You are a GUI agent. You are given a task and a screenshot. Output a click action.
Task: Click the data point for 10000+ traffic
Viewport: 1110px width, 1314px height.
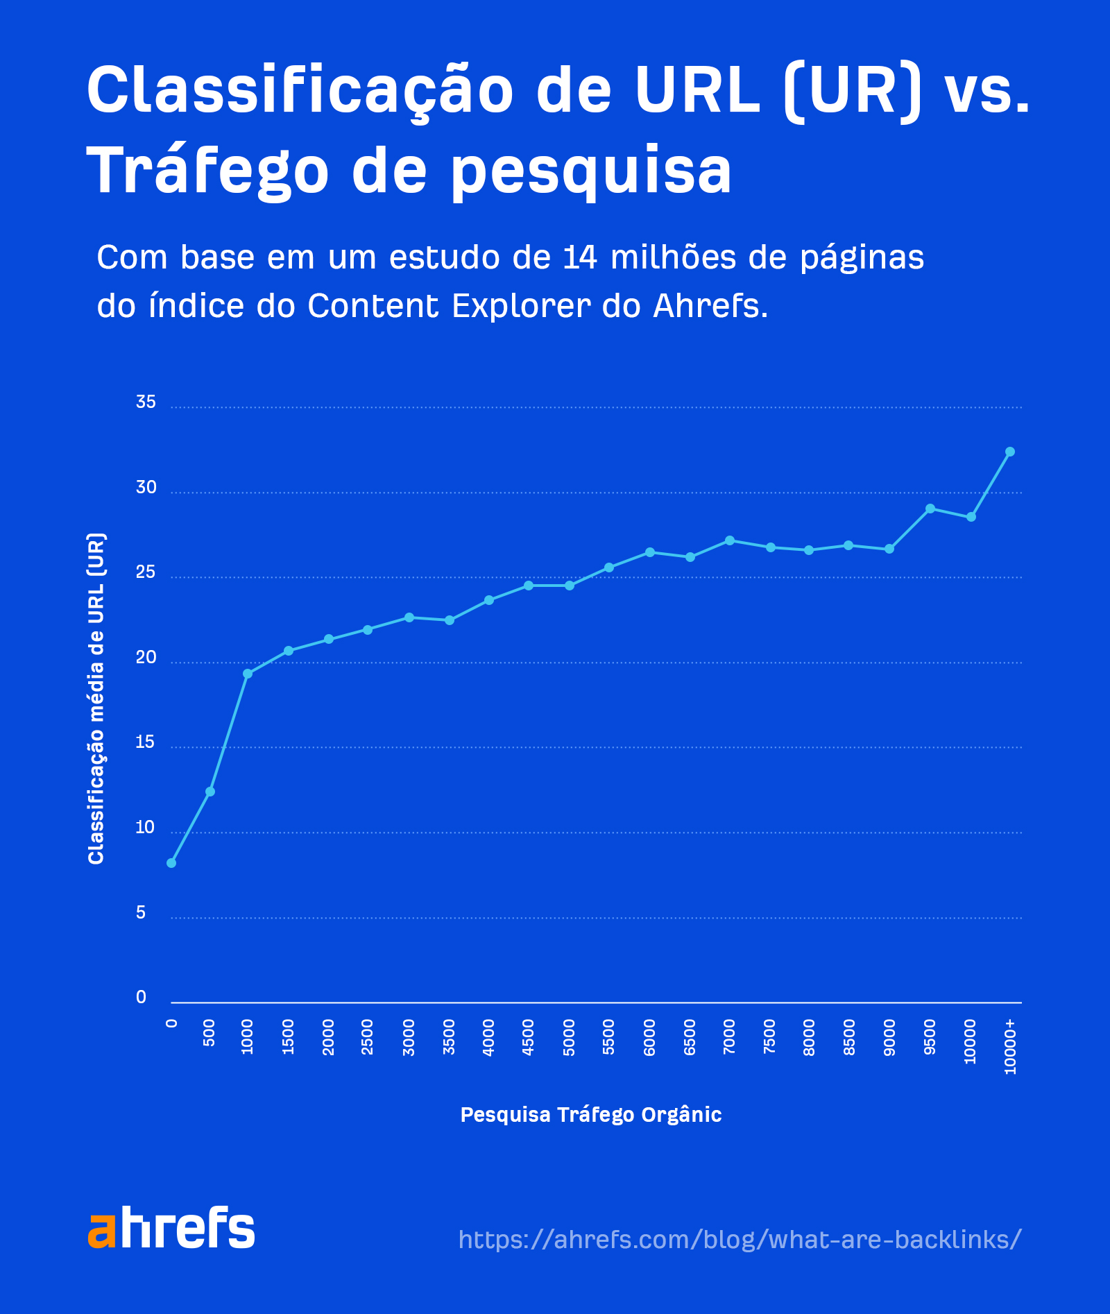1009,452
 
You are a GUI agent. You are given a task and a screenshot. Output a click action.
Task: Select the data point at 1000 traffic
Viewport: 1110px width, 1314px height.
248,674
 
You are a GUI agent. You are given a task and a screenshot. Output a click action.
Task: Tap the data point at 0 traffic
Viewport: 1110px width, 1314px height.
171,862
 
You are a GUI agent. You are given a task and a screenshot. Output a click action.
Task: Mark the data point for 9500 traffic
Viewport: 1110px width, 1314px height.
930,509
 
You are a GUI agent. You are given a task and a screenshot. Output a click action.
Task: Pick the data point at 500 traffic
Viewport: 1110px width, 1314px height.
210,792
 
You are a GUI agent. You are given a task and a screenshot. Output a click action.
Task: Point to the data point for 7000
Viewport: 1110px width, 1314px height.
729,540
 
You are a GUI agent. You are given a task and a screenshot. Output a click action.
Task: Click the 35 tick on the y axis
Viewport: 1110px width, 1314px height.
146,402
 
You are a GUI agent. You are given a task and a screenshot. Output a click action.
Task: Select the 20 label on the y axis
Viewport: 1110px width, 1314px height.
146,658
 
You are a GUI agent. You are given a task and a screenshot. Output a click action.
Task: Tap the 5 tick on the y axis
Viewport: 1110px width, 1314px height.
141,913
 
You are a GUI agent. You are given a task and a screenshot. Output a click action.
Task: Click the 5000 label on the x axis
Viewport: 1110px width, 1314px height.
570,1038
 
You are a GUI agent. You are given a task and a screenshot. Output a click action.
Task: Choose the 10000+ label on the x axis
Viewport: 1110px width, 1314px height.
1010,1046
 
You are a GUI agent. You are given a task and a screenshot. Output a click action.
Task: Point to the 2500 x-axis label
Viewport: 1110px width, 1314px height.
368,1038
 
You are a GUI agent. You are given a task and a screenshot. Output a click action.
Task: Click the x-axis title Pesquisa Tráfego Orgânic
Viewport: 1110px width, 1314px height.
591,1114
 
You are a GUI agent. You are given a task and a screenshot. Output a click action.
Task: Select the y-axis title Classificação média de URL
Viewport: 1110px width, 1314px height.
96,698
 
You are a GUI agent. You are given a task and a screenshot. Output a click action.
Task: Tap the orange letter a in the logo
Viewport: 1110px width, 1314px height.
101,1231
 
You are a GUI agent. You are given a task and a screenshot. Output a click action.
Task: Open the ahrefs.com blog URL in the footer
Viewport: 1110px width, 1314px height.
740,1239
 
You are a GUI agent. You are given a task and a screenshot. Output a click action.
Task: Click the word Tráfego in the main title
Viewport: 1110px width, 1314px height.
207,171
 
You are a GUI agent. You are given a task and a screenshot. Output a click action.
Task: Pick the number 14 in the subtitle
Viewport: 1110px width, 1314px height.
580,257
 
